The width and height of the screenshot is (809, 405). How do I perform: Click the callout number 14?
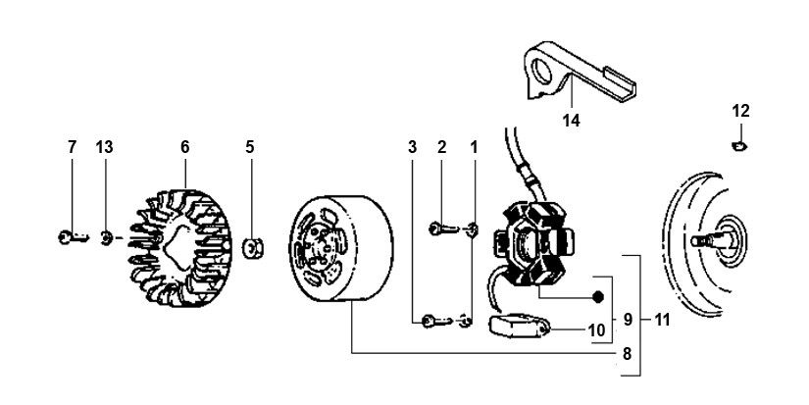(571, 121)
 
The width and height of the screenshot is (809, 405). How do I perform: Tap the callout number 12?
(740, 110)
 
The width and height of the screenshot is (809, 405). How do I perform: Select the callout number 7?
(72, 147)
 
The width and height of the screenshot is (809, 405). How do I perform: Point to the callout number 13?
(104, 147)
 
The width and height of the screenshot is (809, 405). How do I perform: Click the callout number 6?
(184, 147)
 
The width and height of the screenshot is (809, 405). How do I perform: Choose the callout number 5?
(250, 147)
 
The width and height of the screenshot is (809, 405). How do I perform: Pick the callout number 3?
(414, 147)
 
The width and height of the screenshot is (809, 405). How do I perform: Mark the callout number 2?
(442, 147)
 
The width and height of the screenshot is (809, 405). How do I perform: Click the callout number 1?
(475, 147)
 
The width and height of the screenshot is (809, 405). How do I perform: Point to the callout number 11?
(663, 320)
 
